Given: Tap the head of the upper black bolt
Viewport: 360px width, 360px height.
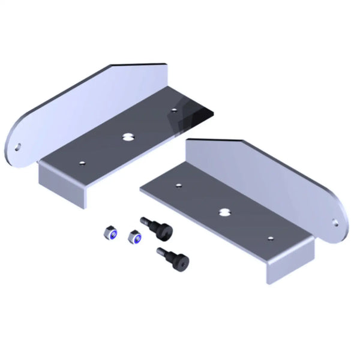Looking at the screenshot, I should pos(163,229).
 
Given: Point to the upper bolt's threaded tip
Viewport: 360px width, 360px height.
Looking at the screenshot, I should pos(145,221).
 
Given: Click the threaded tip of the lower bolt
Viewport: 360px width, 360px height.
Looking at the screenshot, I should pos(160,250).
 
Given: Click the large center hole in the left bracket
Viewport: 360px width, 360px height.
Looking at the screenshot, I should pos(128,137).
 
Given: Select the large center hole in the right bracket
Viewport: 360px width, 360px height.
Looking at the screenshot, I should pos(224,212).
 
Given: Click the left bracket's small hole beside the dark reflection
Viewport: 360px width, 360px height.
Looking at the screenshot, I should pos(174,110).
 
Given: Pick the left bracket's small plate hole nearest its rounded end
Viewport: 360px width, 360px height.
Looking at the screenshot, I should pos(82,162).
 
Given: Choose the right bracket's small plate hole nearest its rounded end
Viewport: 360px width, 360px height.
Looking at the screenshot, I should pos(270,239).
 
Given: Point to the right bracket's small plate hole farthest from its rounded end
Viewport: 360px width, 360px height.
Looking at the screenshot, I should pos(178,185).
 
